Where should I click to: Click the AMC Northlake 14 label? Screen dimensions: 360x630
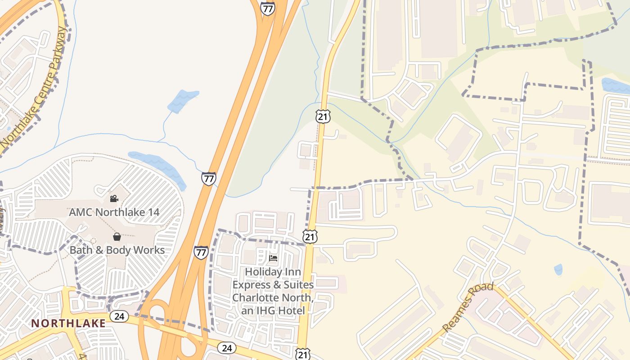[114, 212]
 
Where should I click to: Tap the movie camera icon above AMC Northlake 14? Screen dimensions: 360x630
[114, 198]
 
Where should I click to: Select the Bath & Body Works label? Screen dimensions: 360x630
[117, 250]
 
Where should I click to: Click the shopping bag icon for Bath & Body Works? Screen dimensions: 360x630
[117, 237]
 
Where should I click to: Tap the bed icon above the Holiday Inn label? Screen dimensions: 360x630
[273, 258]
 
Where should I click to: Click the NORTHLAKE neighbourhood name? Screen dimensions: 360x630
[68, 323]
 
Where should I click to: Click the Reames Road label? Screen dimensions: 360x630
[468, 307]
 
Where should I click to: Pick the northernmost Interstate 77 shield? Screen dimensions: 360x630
[267, 8]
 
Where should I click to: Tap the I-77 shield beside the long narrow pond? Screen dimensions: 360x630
[208, 179]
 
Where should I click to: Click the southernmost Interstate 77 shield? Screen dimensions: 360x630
[201, 252]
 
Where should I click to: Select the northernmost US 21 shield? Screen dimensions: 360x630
[323, 116]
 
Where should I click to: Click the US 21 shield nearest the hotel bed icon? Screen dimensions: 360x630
[310, 237]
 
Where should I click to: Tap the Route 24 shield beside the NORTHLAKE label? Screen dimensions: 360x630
[119, 316]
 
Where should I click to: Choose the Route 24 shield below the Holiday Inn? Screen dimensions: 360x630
[226, 348]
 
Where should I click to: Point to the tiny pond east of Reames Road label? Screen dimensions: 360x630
[558, 270]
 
